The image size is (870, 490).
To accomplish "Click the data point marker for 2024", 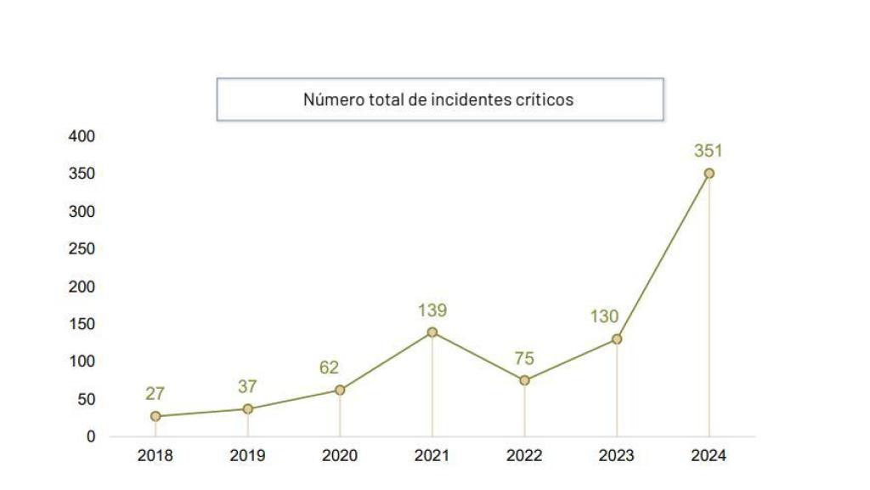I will click(x=709, y=174).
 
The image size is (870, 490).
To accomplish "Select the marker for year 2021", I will click(x=432, y=332).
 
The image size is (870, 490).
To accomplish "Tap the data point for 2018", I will click(x=155, y=416).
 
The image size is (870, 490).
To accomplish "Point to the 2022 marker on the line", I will click(x=524, y=380).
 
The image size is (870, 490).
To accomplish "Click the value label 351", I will click(x=708, y=151).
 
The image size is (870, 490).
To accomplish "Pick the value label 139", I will click(x=432, y=311).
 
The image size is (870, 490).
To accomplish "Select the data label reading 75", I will click(x=524, y=358).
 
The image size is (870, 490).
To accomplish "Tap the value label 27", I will click(x=155, y=394).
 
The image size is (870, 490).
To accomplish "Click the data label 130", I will click(x=606, y=316).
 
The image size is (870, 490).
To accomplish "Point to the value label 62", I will click(x=329, y=368).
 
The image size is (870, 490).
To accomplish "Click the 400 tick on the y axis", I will click(x=82, y=136).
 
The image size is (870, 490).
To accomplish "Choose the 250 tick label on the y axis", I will click(x=82, y=249).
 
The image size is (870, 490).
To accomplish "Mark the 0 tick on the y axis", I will click(x=91, y=436).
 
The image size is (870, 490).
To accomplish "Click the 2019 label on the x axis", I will click(x=247, y=456).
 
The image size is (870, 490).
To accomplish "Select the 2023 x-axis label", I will click(x=616, y=456).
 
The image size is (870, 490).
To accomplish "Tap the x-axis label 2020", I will click(x=339, y=456).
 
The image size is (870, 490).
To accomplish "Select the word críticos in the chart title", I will click(x=545, y=100).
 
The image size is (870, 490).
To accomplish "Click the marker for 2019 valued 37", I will click(x=247, y=408).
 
